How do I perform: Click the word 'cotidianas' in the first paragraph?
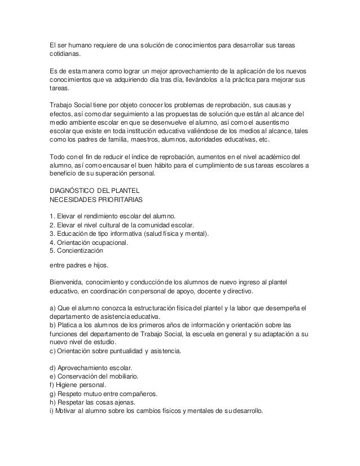[64, 54]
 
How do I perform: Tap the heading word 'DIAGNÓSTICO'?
[72, 190]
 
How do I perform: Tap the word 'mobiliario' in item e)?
[122, 376]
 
